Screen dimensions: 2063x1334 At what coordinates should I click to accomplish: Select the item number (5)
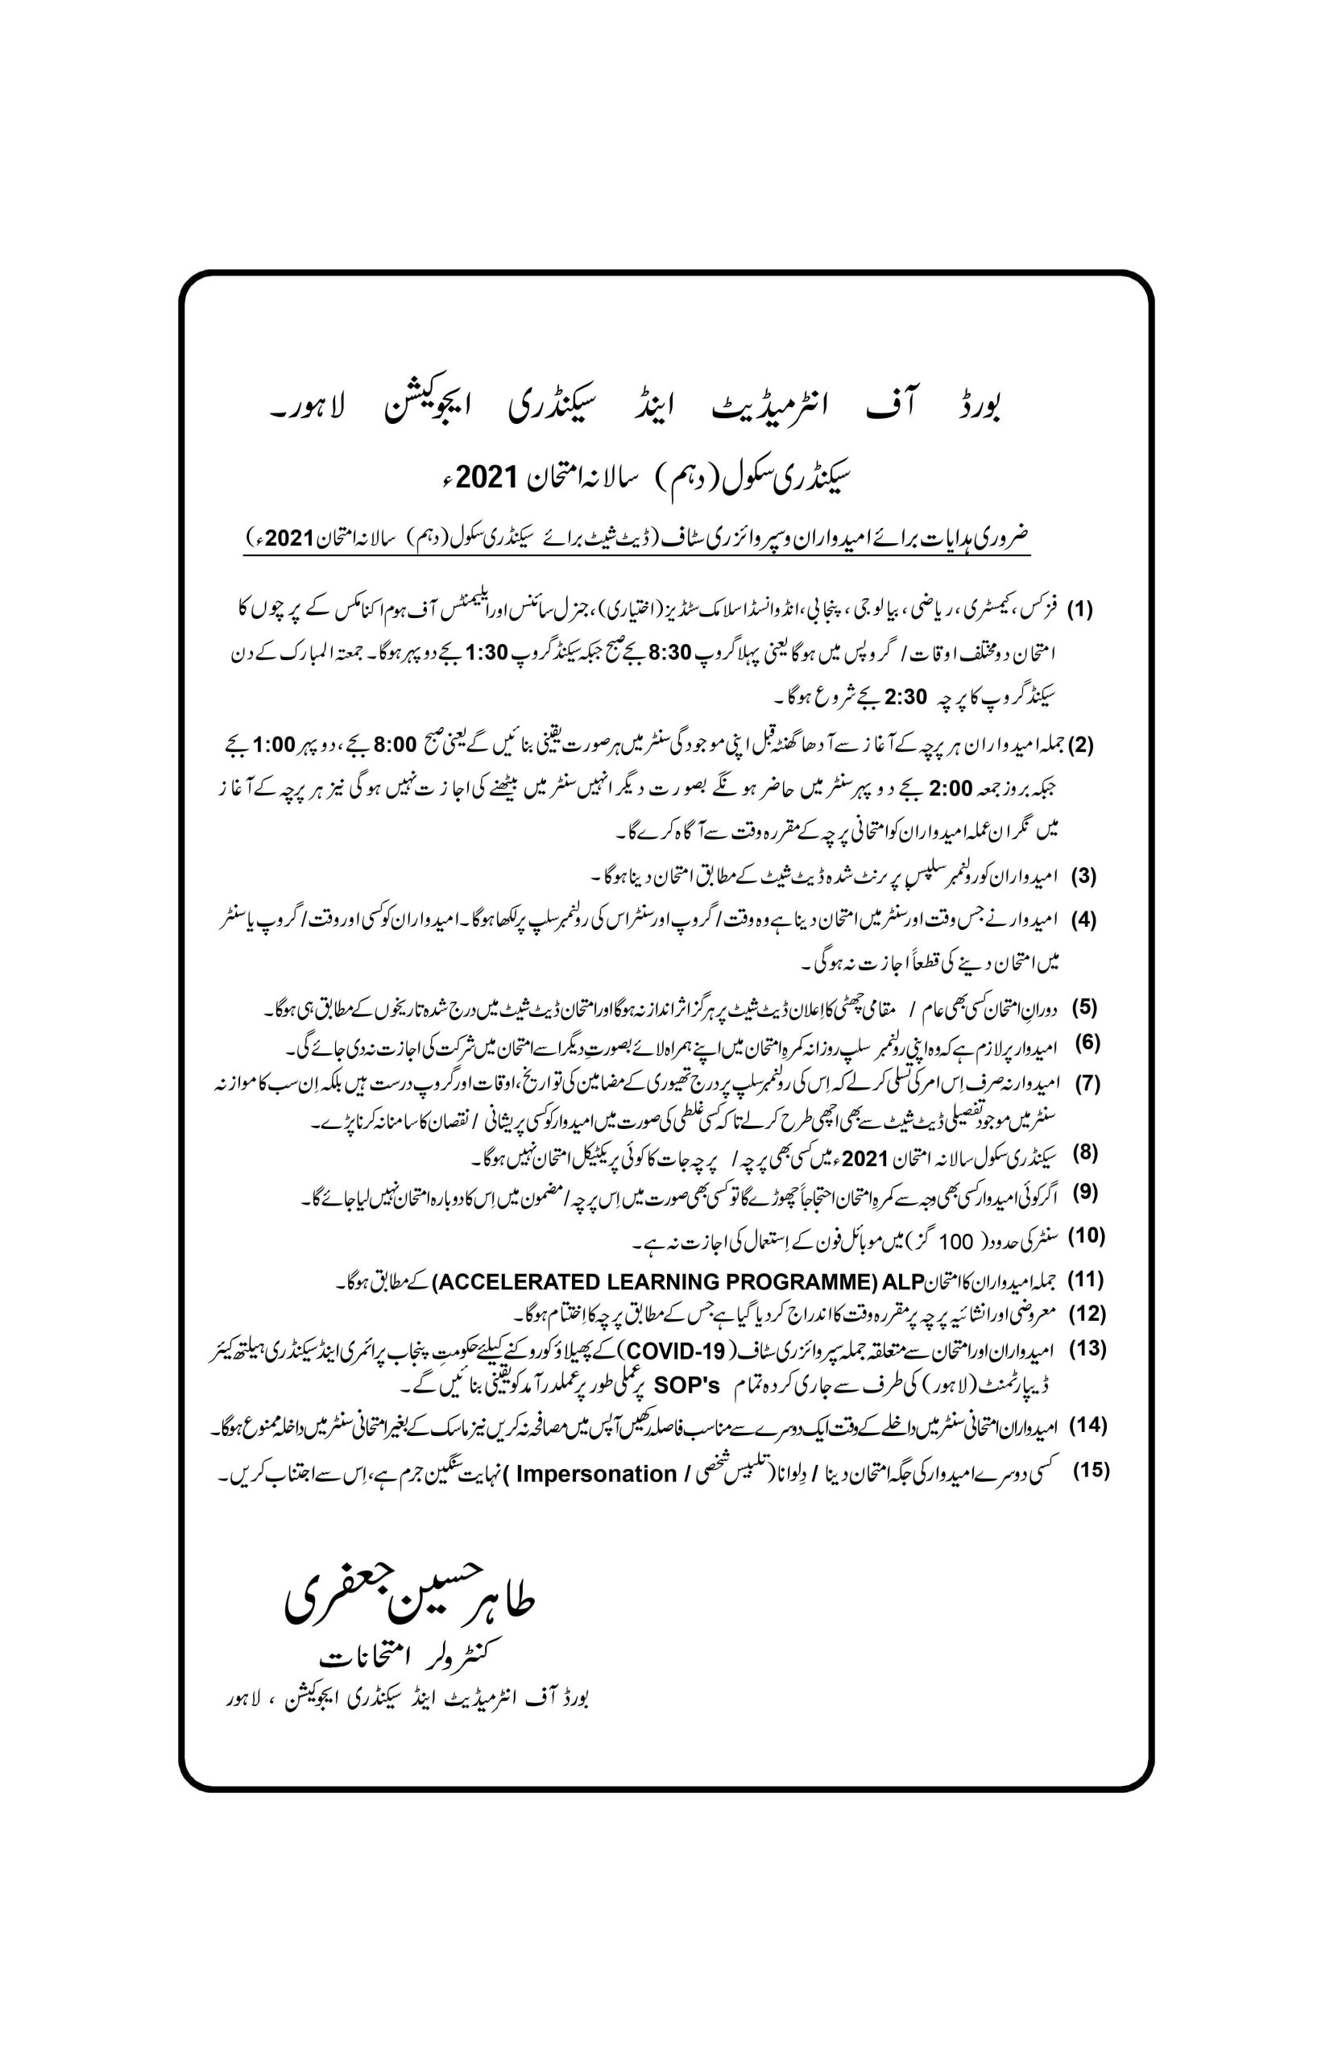[x=1084, y=1007]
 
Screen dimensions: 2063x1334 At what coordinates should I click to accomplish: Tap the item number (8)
[x=1085, y=1153]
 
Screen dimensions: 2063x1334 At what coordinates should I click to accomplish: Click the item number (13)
[x=1088, y=1349]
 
